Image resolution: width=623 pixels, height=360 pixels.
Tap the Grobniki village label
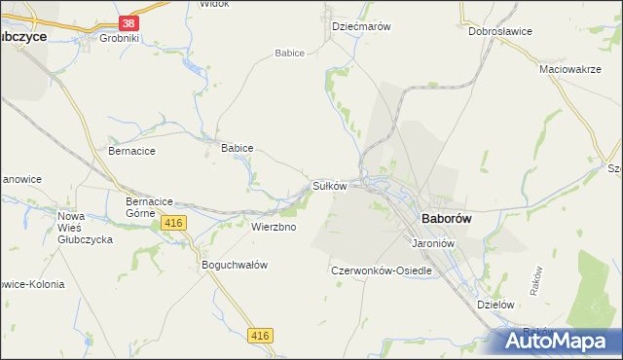121,39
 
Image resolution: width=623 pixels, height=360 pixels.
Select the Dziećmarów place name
361,27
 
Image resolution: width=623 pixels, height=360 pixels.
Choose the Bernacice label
131,152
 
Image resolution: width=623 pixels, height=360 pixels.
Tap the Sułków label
330,185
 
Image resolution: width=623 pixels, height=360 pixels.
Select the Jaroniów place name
434,242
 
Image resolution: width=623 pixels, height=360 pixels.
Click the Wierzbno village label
274,227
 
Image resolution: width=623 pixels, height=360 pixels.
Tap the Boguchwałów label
234,265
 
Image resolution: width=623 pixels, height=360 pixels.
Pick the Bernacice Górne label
150,206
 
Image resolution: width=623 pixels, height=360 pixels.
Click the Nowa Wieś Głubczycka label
86,228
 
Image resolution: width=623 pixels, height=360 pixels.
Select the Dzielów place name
495,304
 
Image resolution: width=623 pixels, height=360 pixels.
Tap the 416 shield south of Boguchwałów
260,336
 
